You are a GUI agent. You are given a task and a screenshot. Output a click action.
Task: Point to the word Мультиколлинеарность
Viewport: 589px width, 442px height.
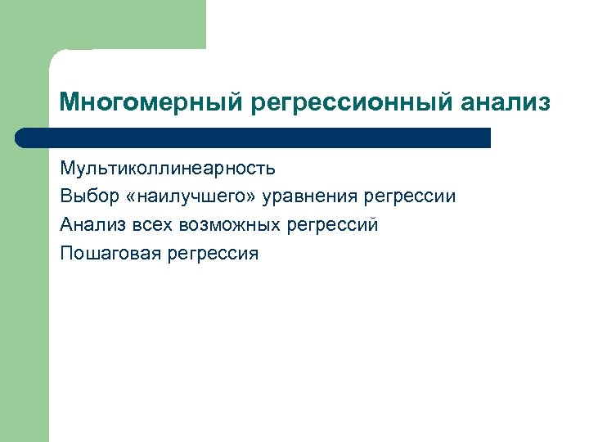(x=168, y=169)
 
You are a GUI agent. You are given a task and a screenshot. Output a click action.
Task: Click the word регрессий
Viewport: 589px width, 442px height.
(x=335, y=225)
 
